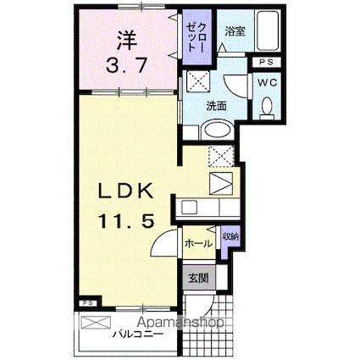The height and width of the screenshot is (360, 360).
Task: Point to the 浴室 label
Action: pyautogui.click(x=234, y=31)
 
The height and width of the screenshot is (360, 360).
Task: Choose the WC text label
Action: pyautogui.click(x=266, y=82)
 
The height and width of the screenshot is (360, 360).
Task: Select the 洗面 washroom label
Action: pyautogui.click(x=216, y=108)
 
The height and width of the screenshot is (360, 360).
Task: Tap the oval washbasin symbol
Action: pyautogui.click(x=215, y=131)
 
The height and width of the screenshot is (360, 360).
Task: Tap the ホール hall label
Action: pyautogui.click(x=197, y=243)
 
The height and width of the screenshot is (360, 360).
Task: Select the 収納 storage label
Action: pyautogui.click(x=229, y=237)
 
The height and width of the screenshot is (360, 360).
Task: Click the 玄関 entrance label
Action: pyautogui.click(x=197, y=278)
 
